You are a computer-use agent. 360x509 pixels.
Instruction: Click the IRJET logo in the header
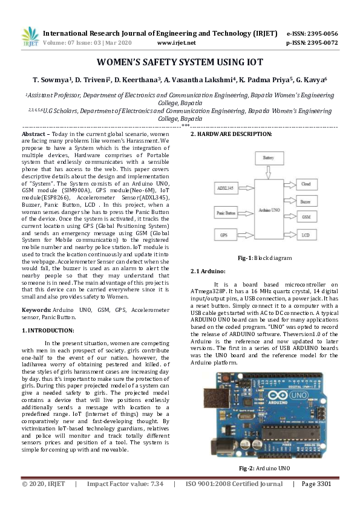[x=30, y=37]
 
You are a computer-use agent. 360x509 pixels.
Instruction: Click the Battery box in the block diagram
[x=269, y=157]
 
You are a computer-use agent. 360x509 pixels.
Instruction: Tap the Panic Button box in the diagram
[x=226, y=212]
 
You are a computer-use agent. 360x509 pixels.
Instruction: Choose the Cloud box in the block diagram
[x=306, y=183]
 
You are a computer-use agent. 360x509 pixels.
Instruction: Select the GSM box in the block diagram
[x=306, y=216]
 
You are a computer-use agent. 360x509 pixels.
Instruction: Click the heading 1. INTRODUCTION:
[x=48, y=330]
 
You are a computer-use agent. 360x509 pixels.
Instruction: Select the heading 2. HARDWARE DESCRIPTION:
[x=231, y=134]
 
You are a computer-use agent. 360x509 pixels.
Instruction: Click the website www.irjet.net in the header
[x=176, y=44]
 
